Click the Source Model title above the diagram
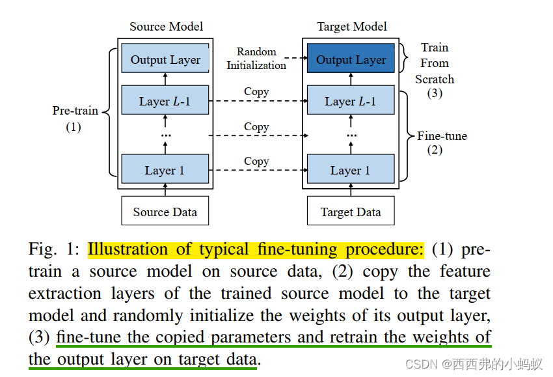pyautogui.click(x=166, y=27)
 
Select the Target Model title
pyautogui.click(x=352, y=27)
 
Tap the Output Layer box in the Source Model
pyautogui.click(x=165, y=59)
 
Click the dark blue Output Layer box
pyautogui.click(x=351, y=60)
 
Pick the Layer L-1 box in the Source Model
pyautogui.click(x=165, y=101)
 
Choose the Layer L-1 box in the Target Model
pyautogui.click(x=351, y=101)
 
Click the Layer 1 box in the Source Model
pyautogui.click(x=165, y=170)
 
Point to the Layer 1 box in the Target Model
pyautogui.click(x=351, y=170)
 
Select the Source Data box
pyautogui.click(x=165, y=212)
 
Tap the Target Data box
pyautogui.click(x=351, y=212)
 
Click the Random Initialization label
pyautogui.click(x=256, y=59)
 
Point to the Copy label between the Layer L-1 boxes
pyautogui.click(x=256, y=92)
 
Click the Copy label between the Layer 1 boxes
pyautogui.click(x=256, y=161)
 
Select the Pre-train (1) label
pyautogui.click(x=75, y=118)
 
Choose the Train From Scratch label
pyautogui.click(x=435, y=64)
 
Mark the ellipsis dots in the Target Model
pyautogui.click(x=351, y=135)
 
